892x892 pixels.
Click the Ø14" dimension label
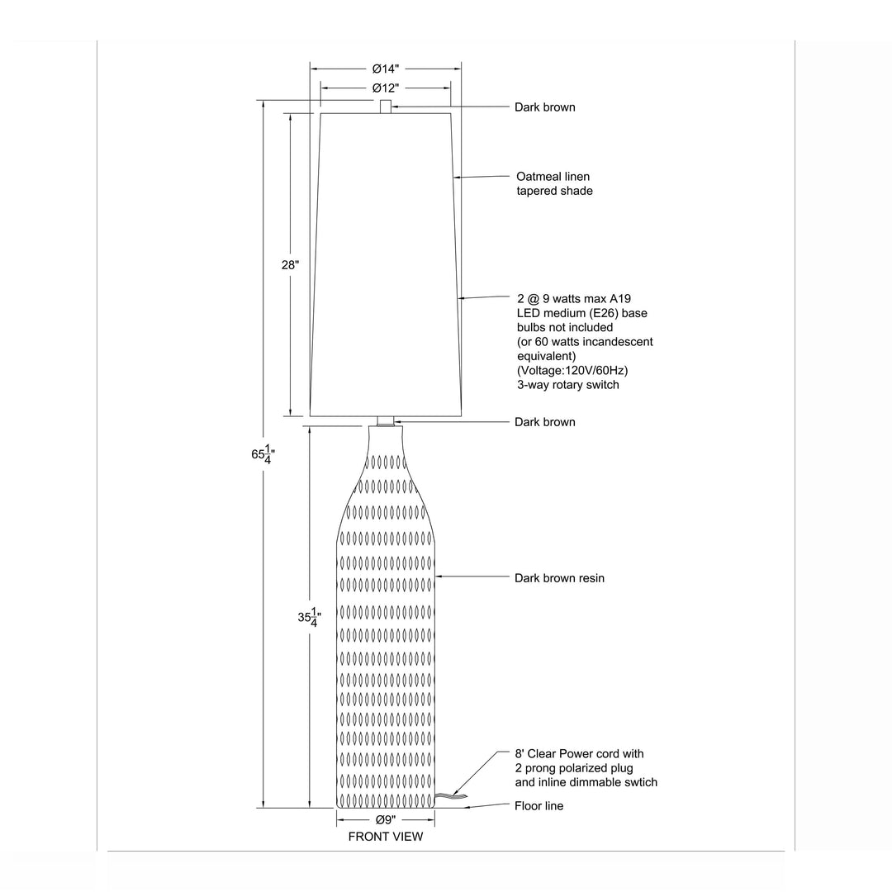click(x=386, y=69)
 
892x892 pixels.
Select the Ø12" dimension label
click(x=386, y=88)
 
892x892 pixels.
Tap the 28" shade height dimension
click(x=290, y=265)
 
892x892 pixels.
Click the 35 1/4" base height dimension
click(x=310, y=617)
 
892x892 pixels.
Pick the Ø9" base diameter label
click(x=386, y=820)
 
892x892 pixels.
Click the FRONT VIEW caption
click(x=386, y=837)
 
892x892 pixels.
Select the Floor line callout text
click(x=539, y=806)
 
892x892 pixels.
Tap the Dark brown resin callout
click(x=559, y=578)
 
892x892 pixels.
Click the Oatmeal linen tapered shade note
click(x=554, y=183)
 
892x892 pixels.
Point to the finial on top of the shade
click(x=386, y=107)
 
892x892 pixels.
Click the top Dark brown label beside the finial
click(x=544, y=107)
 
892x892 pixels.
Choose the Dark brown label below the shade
click(x=544, y=422)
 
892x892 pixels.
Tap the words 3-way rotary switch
click(x=567, y=385)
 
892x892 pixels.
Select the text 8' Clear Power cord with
click(x=579, y=754)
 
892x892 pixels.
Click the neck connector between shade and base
click(x=386, y=421)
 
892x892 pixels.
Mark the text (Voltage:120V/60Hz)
click(x=572, y=371)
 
